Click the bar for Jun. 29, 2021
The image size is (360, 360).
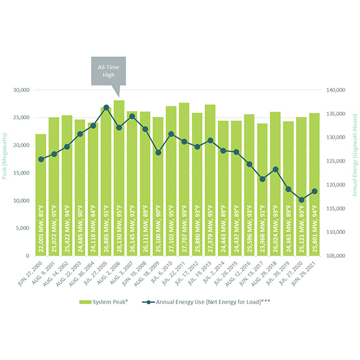(314, 180)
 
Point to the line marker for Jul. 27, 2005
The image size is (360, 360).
(106, 107)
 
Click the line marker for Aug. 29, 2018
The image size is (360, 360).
(275, 169)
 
